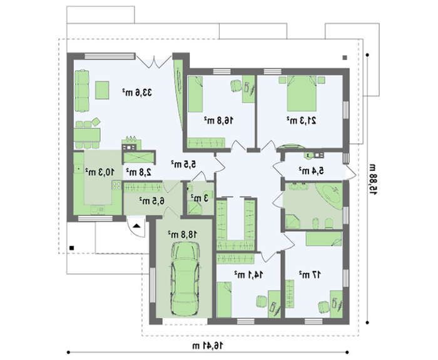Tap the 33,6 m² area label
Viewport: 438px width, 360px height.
click(x=137, y=92)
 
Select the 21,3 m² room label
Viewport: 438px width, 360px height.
click(x=302, y=120)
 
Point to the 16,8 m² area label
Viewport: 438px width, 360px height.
click(x=218, y=120)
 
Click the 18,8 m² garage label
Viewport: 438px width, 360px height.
click(x=183, y=234)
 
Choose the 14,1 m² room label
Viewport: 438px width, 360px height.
click(x=249, y=275)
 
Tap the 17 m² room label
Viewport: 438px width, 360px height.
click(x=310, y=275)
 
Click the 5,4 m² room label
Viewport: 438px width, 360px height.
click(x=312, y=170)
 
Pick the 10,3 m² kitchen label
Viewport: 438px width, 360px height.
click(x=99, y=172)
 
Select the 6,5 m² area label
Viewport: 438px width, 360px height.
click(x=151, y=200)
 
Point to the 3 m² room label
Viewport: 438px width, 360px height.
click(x=200, y=198)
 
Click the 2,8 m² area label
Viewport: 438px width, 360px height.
click(x=139, y=172)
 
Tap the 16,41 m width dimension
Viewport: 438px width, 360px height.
click(x=208, y=346)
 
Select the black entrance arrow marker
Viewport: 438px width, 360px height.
click(x=136, y=226)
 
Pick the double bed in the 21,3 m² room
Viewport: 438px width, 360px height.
click(x=302, y=93)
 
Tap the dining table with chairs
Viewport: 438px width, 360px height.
click(x=87, y=135)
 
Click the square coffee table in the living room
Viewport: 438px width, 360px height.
click(x=102, y=90)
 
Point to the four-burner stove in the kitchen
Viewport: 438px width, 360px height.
click(x=116, y=185)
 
